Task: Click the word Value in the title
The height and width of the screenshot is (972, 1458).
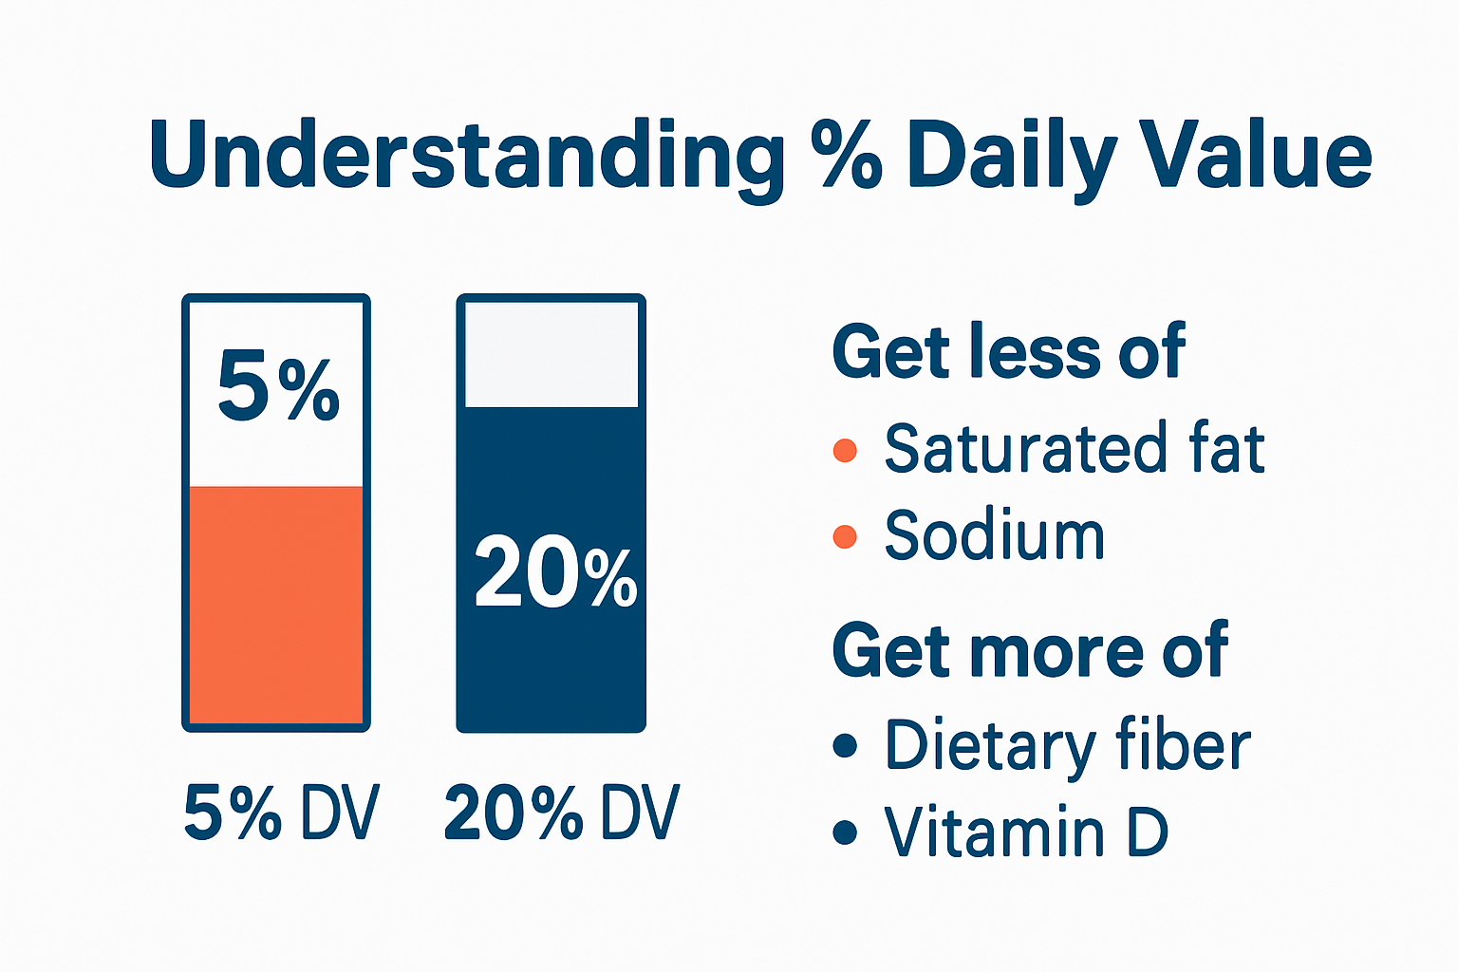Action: [1255, 154]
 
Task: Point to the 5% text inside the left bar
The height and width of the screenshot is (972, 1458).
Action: [277, 386]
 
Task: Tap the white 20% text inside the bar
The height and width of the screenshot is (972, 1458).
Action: [554, 572]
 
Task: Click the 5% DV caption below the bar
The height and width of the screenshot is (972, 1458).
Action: [281, 813]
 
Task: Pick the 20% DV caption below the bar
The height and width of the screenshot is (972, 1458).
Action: [561, 813]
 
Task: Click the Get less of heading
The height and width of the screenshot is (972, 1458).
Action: [1008, 352]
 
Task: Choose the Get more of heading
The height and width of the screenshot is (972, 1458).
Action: [1030, 651]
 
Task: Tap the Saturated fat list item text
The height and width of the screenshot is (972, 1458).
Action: [1075, 449]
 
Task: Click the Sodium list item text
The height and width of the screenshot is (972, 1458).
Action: [995, 536]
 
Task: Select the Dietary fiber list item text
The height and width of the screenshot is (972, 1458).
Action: [1068, 746]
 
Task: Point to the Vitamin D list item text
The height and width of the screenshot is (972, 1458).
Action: [1025, 832]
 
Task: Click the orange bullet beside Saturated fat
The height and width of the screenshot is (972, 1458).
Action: [845, 450]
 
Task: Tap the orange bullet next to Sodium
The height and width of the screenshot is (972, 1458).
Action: [845, 537]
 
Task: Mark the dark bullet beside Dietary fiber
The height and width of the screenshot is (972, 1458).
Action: [845, 746]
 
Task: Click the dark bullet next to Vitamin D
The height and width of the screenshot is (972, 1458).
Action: [845, 833]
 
